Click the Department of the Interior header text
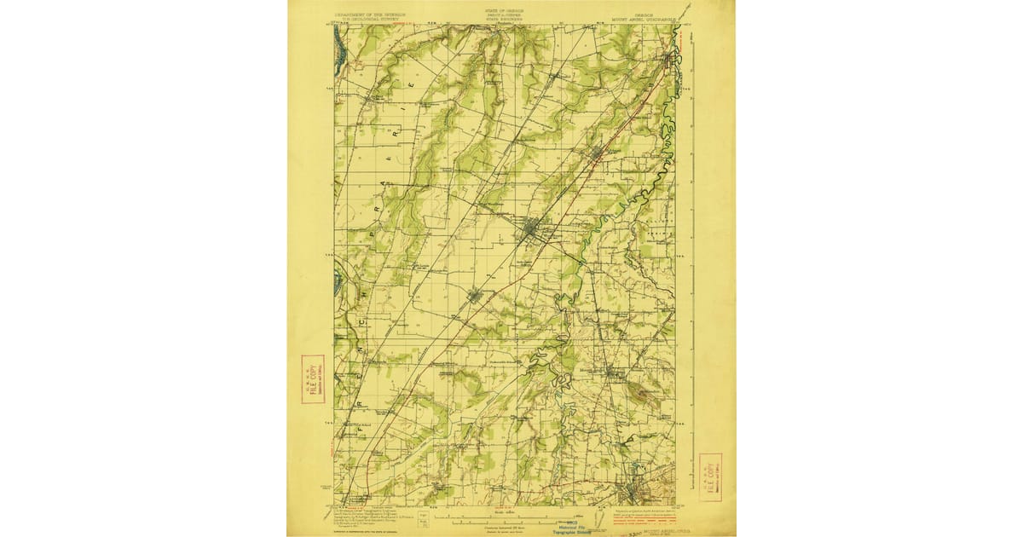pos(369,15)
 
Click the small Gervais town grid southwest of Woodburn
pos(475,296)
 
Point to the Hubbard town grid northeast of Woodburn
pos(597,153)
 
